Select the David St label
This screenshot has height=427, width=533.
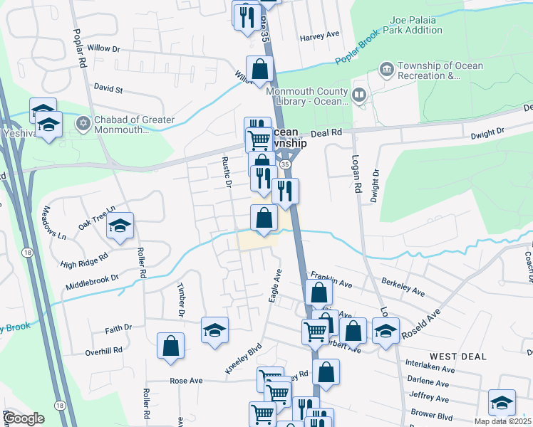108,90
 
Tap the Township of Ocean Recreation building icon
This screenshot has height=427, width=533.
386,70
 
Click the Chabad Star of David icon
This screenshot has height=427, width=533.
83,124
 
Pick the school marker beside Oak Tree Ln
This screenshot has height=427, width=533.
120,226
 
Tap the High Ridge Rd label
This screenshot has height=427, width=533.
84,260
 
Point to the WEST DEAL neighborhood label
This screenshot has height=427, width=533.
457,355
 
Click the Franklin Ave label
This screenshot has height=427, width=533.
331,279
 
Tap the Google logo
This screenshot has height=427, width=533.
24,418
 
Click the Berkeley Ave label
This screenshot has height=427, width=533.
403,287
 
